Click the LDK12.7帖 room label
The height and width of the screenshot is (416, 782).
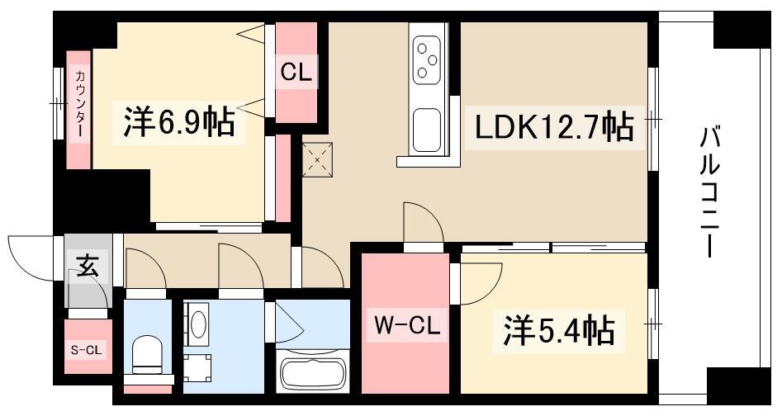(554, 128)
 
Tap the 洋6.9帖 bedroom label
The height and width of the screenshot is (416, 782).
(179, 122)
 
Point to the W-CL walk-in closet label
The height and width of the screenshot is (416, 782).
(407, 326)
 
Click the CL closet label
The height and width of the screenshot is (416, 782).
(296, 73)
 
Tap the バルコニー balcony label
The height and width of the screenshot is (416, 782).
(709, 191)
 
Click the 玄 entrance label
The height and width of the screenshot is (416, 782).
(87, 266)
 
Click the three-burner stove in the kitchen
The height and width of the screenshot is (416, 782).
(427, 61)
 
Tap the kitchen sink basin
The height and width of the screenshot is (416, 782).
(427, 130)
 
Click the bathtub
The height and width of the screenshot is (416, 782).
(312, 372)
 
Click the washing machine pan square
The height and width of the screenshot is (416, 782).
(197, 368)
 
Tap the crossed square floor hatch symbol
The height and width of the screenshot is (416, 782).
(318, 160)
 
